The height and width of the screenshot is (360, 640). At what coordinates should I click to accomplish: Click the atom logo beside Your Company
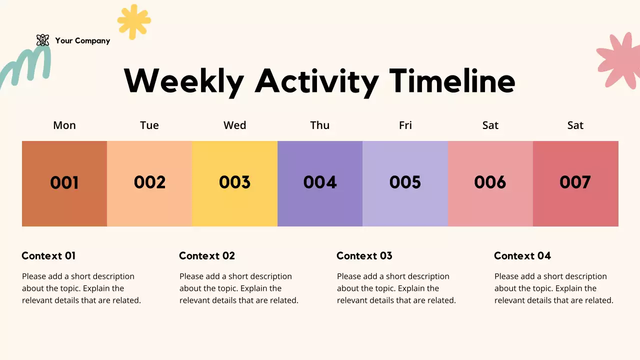(x=43, y=40)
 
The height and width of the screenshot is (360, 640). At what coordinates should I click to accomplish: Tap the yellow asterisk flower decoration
(x=134, y=21)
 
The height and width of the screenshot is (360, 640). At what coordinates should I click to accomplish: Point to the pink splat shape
(x=620, y=60)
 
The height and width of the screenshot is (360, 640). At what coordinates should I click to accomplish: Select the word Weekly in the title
(x=184, y=81)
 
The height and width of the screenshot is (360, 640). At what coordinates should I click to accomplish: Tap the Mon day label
(x=64, y=125)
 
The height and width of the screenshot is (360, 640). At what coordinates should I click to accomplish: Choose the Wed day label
(x=234, y=125)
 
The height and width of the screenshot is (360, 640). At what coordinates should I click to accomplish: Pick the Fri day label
(x=405, y=125)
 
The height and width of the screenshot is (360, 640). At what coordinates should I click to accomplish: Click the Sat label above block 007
(x=575, y=125)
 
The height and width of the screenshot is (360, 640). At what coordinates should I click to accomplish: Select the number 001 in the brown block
(x=64, y=182)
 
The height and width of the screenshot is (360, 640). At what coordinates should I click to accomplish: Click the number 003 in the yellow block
(x=234, y=182)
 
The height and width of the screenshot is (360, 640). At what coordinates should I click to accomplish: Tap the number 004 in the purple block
(x=320, y=182)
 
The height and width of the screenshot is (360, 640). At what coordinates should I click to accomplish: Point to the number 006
(x=490, y=182)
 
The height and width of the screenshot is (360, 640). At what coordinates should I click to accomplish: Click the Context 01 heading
(x=48, y=255)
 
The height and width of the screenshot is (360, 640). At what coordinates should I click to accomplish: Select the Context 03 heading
(x=364, y=255)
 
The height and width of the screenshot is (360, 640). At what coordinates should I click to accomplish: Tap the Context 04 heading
(x=522, y=255)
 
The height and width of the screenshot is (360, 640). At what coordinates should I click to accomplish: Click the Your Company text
(x=82, y=41)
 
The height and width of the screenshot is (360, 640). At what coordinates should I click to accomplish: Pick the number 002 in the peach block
(x=149, y=182)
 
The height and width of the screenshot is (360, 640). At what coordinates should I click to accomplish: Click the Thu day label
(x=320, y=125)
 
